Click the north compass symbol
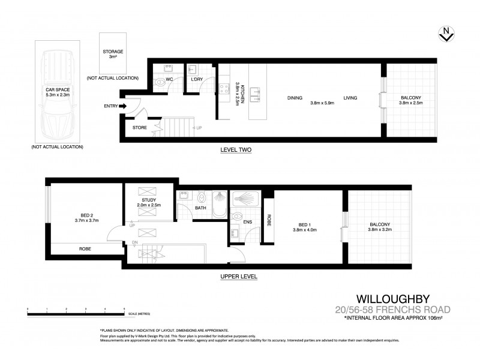445,35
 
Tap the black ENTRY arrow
123,106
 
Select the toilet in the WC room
159,81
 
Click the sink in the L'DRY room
194,69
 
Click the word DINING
294,98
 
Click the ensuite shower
248,197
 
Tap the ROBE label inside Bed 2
86,248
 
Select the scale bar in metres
76,310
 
